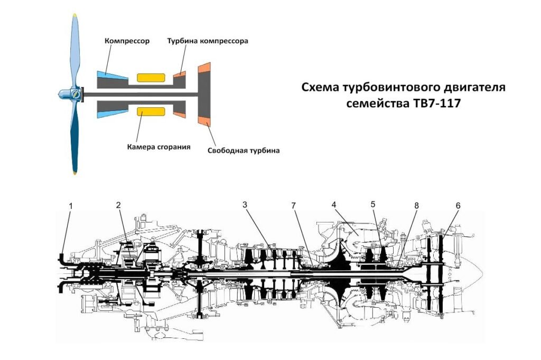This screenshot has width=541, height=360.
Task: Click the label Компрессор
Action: click(x=127, y=41)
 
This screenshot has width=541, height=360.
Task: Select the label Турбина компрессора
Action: click(x=208, y=41)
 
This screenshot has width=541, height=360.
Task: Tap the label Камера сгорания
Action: click(x=158, y=146)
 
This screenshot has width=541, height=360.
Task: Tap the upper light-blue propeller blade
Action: click(x=76, y=50)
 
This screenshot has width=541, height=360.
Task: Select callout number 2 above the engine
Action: click(x=119, y=205)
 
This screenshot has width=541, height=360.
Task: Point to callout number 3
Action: click(x=245, y=205)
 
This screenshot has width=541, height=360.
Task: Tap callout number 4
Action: click(x=334, y=205)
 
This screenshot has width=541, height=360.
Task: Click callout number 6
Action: click(x=458, y=205)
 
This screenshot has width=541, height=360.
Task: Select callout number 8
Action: click(x=417, y=205)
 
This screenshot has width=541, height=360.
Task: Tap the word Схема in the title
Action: click(x=320, y=87)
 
